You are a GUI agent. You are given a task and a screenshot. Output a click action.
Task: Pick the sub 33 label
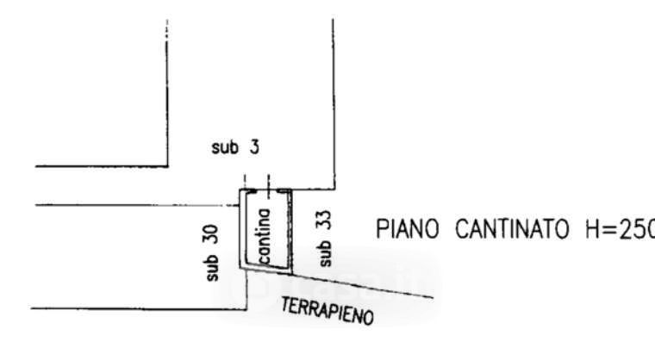[x=324, y=239]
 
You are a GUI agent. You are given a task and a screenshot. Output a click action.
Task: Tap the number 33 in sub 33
[x=324, y=222]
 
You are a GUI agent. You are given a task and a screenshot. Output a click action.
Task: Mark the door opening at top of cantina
[x=258, y=190]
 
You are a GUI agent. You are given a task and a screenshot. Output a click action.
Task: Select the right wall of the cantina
[x=290, y=229]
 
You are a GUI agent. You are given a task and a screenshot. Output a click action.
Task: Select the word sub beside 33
[x=324, y=254]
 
